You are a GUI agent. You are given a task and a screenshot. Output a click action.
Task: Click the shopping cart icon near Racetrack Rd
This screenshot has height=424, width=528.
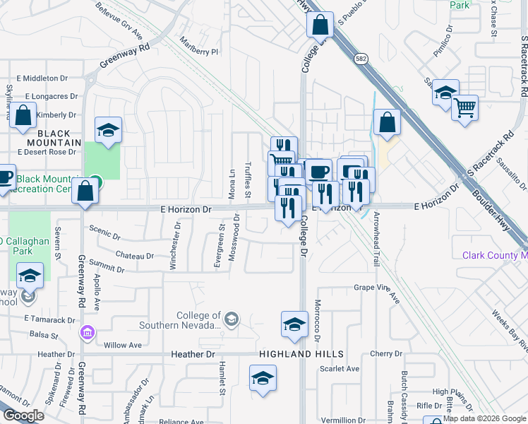point(464,108)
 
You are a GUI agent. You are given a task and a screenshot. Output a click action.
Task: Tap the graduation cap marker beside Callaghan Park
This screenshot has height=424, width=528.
point(30,276)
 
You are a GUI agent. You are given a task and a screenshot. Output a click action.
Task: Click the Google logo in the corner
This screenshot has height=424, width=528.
point(23,416)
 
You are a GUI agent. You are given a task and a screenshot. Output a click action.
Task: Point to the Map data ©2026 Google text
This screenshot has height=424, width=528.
point(484,418)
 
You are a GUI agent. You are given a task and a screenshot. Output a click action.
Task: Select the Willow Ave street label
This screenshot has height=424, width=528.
point(123,346)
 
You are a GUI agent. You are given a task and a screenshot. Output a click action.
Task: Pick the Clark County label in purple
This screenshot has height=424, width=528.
point(494,255)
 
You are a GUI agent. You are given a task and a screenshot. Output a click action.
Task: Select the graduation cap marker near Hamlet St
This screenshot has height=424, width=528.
point(263,377)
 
